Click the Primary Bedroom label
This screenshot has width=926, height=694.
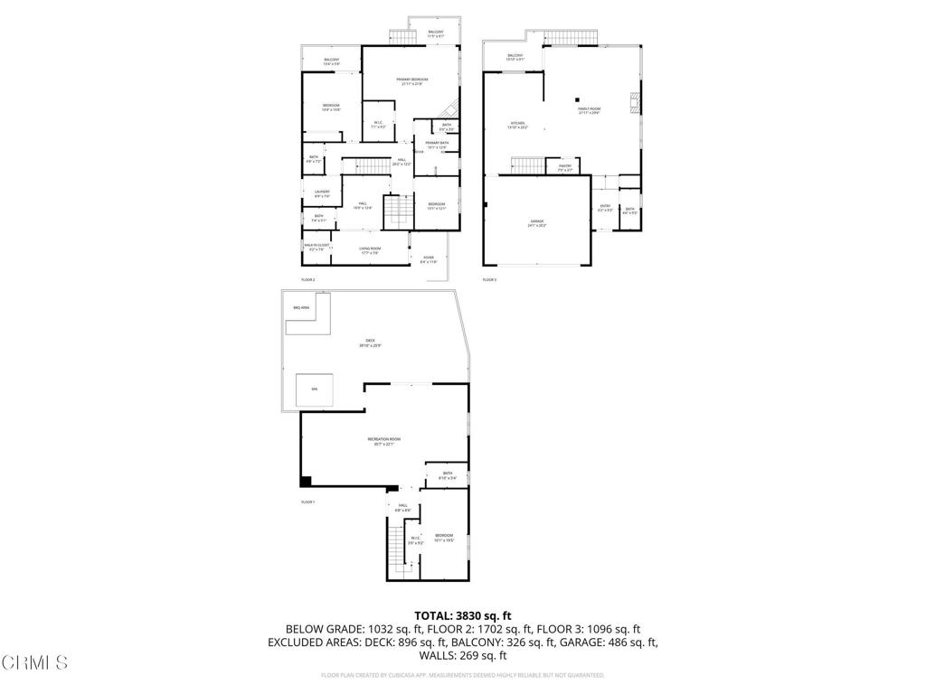point(411,80)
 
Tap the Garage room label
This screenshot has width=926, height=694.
point(537,221)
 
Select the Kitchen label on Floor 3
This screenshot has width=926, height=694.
point(516,124)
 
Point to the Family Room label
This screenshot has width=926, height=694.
point(589,109)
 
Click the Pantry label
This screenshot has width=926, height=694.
point(565,166)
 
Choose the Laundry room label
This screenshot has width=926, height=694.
point(322,192)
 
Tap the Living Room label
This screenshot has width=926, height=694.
point(370,249)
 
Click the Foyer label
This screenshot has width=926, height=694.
point(429,258)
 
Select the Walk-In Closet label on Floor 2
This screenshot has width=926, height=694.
point(316,245)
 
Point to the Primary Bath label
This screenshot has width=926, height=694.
point(438,143)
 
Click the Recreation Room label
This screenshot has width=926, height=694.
point(383,439)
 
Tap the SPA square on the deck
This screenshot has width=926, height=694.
point(315,389)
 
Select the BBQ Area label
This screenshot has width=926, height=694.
point(301,308)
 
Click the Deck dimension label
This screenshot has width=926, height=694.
point(370,345)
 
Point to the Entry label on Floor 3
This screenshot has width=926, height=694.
point(606,206)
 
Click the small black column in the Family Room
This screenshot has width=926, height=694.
point(576,99)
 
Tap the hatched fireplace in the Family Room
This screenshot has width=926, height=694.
point(635,100)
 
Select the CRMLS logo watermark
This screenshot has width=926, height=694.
point(34,663)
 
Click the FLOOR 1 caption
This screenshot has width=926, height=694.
point(307,502)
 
